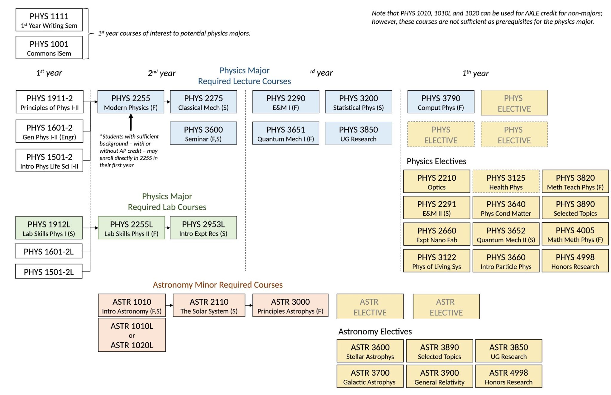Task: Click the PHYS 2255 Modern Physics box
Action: pos(131,102)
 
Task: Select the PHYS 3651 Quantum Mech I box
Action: pos(286,134)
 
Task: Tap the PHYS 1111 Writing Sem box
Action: pos(49,20)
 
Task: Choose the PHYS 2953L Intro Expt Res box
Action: pos(203,228)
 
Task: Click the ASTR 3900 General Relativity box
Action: pos(439,377)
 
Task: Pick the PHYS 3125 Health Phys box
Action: pos(506,182)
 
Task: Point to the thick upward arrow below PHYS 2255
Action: pos(131,122)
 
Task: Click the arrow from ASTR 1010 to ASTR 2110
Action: pos(169,305)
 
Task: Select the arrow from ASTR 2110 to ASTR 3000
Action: pos(249,305)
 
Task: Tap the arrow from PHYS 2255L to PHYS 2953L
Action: pos(167,228)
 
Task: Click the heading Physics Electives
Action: pos(436,161)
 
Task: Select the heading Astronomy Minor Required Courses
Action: pos(217,285)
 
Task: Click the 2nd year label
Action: pos(162,73)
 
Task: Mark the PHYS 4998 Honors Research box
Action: pos(575,261)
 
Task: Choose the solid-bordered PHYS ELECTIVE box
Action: pos(514,103)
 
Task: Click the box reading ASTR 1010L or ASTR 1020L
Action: pos(132,335)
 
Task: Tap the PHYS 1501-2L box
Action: pos(49,272)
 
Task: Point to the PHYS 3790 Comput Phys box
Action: pos(441,102)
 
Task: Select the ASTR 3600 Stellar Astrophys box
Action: pos(370,351)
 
